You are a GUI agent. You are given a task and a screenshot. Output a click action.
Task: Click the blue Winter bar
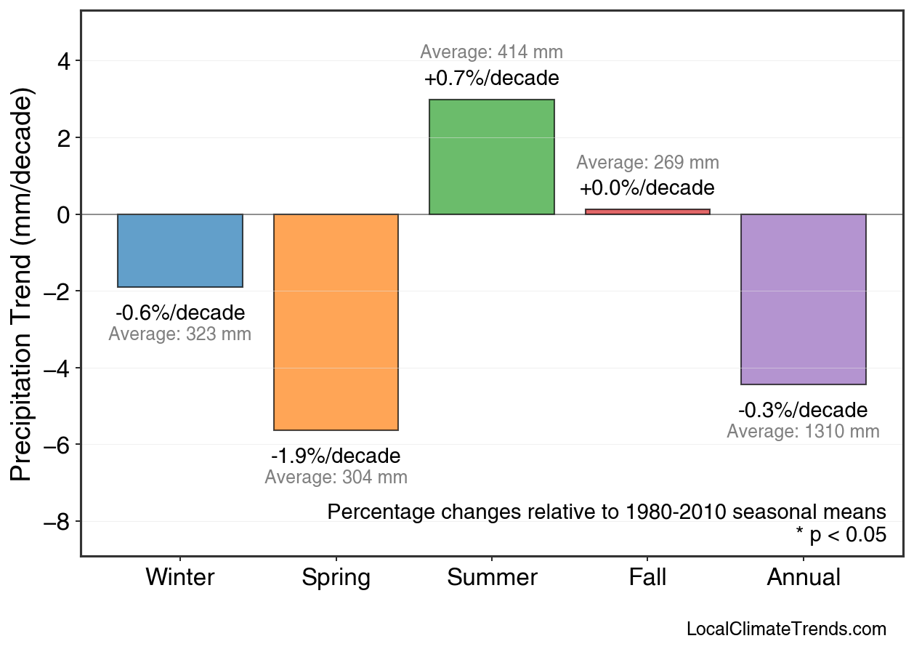pos(180,251)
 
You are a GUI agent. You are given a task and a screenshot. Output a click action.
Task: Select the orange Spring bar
pos(336,322)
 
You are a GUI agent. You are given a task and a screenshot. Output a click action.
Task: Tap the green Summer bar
pos(492,157)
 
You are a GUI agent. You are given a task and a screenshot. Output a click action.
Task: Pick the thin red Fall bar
pos(647,211)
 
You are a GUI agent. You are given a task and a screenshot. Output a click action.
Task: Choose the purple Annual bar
pos(803,299)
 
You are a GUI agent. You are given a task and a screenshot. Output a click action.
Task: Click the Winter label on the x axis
pos(180,578)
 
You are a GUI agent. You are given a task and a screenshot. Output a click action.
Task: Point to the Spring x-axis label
pos(336,579)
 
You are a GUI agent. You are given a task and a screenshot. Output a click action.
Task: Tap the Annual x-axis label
pos(803,578)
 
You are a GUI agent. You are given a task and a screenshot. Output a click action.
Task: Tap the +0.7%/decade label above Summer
pos(492,78)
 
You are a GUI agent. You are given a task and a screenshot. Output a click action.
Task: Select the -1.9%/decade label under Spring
pos(336,456)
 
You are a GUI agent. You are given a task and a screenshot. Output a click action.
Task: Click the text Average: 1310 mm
pos(803,432)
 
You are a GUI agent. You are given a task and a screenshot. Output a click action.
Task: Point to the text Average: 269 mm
pos(647,163)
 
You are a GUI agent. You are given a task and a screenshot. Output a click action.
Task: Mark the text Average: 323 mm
pos(180,335)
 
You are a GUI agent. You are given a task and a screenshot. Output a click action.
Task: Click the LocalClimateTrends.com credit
pos(786,629)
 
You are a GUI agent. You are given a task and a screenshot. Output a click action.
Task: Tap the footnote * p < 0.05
pos(841,536)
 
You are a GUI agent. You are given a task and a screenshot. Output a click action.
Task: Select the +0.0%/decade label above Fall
pos(647,188)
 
